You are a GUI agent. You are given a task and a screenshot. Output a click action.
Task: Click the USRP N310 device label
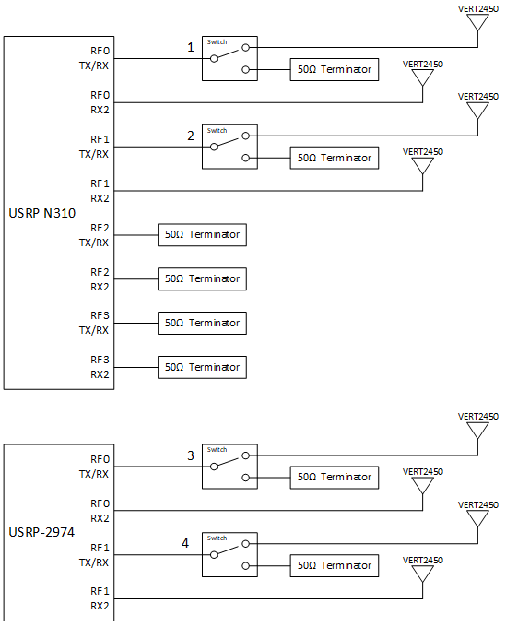[x=42, y=213]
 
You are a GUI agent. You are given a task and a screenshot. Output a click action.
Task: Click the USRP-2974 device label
[x=41, y=532]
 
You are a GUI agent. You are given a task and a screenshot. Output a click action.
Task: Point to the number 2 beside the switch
[x=191, y=136]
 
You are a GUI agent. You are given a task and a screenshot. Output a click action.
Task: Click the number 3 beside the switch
[x=191, y=455]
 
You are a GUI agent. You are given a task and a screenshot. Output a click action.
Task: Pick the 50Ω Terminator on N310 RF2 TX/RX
[x=202, y=235]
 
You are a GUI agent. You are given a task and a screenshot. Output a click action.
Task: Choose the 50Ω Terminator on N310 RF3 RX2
[x=202, y=367]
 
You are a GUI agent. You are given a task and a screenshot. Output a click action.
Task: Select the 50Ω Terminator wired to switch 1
[x=335, y=69]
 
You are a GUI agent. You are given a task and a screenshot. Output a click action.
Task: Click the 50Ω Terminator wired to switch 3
[x=335, y=477]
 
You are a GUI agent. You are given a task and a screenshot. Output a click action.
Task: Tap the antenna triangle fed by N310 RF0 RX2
[x=422, y=77]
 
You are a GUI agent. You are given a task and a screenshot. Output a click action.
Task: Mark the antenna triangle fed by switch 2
[x=478, y=111]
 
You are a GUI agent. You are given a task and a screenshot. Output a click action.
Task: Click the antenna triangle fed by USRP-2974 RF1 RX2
[x=422, y=574]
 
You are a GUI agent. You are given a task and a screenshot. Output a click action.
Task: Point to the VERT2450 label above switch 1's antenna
[x=478, y=9]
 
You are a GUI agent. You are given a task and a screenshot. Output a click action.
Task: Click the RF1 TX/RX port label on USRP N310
[x=94, y=147]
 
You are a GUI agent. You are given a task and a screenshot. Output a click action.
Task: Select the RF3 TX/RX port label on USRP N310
[x=94, y=323]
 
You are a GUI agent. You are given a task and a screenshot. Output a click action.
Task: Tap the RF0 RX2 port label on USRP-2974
[x=100, y=511]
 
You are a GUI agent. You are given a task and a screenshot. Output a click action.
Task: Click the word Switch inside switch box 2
[x=217, y=130]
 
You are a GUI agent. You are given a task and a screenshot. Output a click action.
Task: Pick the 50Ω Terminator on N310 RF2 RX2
[x=202, y=279]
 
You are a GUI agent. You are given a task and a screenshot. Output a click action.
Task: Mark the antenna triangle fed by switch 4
[x=478, y=519]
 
